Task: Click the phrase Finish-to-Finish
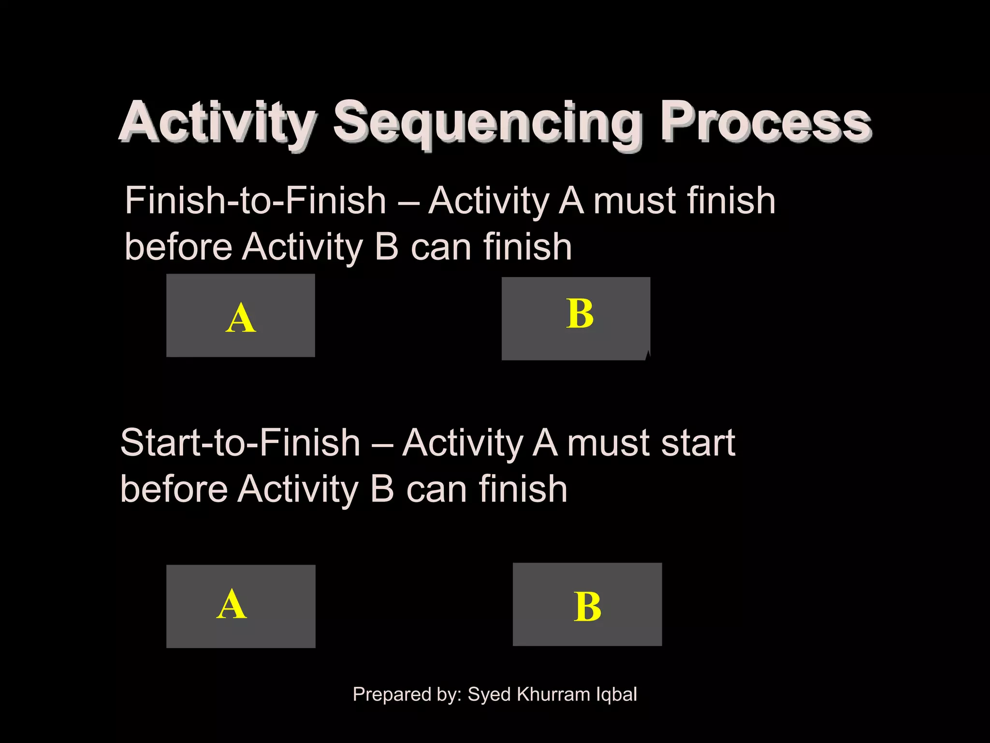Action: tap(255, 201)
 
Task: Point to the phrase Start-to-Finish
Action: tap(240, 443)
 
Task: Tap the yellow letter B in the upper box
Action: tap(580, 314)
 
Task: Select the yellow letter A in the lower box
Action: tap(232, 605)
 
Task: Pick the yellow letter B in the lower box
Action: tap(587, 607)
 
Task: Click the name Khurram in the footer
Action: tap(553, 694)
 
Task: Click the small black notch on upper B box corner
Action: tap(648, 357)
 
